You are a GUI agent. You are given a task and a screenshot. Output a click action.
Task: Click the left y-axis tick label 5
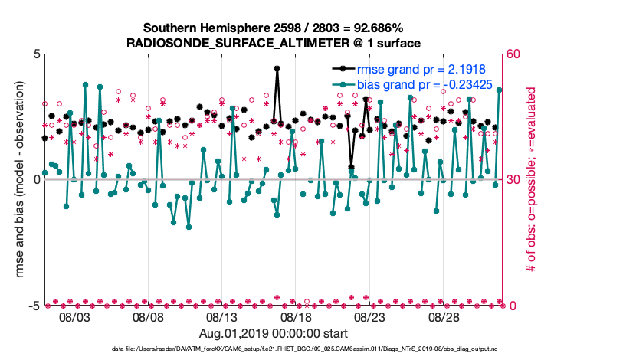coord(36,54)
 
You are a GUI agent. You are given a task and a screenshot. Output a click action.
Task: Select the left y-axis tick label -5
coord(34,306)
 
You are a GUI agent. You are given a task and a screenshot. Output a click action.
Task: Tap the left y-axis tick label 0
coord(36,180)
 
